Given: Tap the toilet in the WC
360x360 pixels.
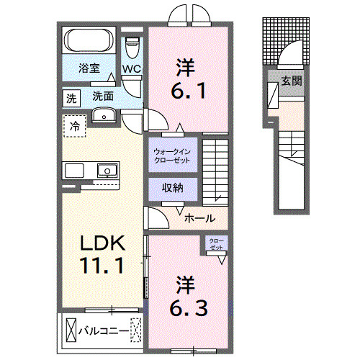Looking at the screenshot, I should (x=132, y=47).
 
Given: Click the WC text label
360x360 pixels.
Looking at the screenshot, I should (x=131, y=70).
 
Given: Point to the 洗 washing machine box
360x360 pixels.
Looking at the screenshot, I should (x=71, y=97).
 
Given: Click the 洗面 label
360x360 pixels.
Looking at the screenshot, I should (x=102, y=96).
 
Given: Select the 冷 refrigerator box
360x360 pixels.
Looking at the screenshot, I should (x=75, y=126).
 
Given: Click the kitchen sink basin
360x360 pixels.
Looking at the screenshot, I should (x=107, y=171).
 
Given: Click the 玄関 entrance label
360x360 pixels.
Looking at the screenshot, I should (x=291, y=81).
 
